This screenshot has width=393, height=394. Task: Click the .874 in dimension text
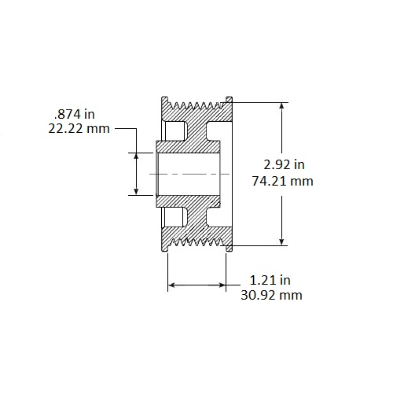[74, 114]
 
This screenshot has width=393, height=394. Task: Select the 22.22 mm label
[79, 129]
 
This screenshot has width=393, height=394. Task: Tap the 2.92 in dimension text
[284, 165]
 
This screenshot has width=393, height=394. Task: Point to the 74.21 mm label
[283, 181]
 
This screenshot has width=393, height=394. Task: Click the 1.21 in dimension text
[270, 280]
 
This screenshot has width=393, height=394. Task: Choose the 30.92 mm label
[271, 295]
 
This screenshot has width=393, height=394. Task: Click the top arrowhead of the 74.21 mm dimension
[282, 106]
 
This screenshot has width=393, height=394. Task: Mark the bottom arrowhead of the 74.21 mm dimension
[282, 242]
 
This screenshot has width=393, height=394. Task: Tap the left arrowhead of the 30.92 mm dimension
[171, 285]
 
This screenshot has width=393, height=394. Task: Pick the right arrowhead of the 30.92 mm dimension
[222, 285]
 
